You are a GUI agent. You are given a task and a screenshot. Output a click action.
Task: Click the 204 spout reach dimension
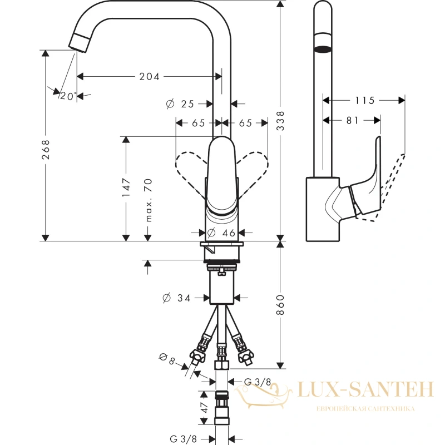[x=149, y=76]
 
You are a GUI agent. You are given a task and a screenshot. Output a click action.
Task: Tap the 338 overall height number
[x=280, y=121]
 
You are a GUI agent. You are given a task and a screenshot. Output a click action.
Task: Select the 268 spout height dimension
[x=46, y=149]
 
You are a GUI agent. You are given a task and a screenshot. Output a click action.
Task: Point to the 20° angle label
[x=68, y=96]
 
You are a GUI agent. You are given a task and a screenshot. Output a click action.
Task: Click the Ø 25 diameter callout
[x=180, y=104]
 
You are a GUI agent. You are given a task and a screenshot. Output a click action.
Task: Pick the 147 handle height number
[x=126, y=187]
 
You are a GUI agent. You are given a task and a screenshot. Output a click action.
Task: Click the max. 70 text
[x=148, y=200]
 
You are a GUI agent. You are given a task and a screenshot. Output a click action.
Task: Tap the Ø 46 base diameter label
[x=221, y=233]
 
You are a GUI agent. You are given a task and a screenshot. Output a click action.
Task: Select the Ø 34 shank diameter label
[x=176, y=298]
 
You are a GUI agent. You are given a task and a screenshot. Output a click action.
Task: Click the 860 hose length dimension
[x=280, y=305]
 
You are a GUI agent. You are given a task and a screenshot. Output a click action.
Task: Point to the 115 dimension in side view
[x=365, y=100]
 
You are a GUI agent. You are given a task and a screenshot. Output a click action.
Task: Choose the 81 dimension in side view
[x=353, y=120]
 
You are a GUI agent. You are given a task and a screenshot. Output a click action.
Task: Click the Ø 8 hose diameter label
[x=167, y=359]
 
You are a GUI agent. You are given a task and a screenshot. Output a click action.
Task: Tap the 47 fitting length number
[x=204, y=408]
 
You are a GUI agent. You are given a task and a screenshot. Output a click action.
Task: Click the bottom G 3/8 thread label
[x=183, y=439]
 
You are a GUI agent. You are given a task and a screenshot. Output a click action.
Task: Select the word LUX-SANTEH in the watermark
[x=366, y=389]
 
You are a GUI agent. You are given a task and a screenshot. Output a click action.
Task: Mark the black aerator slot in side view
[x=323, y=50]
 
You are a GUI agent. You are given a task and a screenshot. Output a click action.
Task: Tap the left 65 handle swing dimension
[x=199, y=123]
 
